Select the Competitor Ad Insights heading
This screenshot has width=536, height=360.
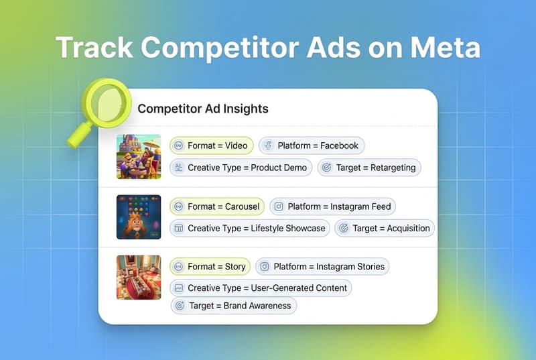(203, 109)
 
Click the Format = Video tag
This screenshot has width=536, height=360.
(211, 145)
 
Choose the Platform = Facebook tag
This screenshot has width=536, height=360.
(312, 145)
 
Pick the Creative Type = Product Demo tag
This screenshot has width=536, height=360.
(241, 168)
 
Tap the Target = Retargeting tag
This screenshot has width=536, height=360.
(369, 168)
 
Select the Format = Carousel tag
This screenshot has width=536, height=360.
(217, 206)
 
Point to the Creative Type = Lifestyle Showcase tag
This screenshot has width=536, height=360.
(249, 228)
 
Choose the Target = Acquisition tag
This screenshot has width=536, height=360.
(385, 228)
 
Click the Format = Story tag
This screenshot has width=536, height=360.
(210, 266)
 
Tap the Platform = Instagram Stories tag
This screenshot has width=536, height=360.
(322, 266)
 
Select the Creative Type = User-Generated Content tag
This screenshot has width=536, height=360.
(260, 288)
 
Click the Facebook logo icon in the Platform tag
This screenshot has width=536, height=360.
(267, 145)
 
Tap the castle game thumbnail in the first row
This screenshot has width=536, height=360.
(139, 156)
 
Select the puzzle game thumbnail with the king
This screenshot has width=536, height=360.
(139, 217)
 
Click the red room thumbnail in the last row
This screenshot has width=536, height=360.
(139, 277)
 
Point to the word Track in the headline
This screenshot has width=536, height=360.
(94, 48)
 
